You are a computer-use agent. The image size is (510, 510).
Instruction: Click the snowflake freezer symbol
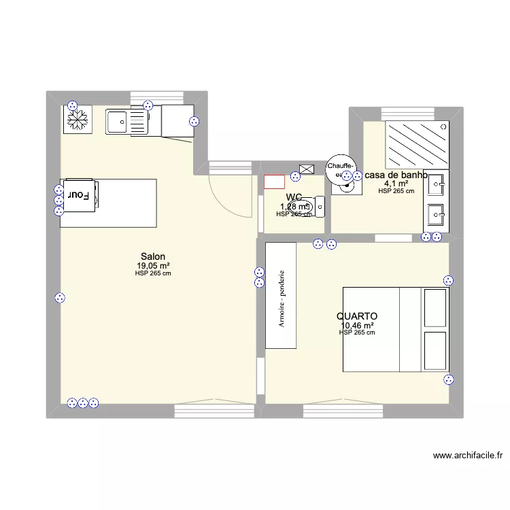pyautogui.click(x=78, y=120)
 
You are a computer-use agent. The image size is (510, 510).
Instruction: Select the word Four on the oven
pyautogui.click(x=78, y=194)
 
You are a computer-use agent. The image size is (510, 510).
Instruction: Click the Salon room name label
pyautogui.click(x=152, y=256)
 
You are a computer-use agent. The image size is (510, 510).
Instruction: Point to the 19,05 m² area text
pyautogui.click(x=153, y=266)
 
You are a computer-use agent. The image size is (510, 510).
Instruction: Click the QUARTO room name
pyautogui.click(x=356, y=316)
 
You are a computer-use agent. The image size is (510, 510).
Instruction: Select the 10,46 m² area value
pyautogui.click(x=357, y=326)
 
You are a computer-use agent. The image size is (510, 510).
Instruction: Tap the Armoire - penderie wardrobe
pyautogui.click(x=281, y=296)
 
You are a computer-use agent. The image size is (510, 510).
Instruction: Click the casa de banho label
pyautogui.click(x=396, y=175)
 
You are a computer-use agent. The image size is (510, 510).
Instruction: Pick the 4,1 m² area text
pyautogui.click(x=396, y=184)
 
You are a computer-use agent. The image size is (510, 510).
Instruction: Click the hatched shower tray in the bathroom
pyautogui.click(x=417, y=144)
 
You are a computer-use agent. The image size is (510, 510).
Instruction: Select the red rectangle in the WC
pyautogui.click(x=274, y=182)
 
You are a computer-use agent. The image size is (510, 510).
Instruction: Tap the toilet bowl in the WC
pyautogui.click(x=303, y=205)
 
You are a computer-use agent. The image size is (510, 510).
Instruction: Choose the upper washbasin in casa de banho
pyautogui.click(x=435, y=182)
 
